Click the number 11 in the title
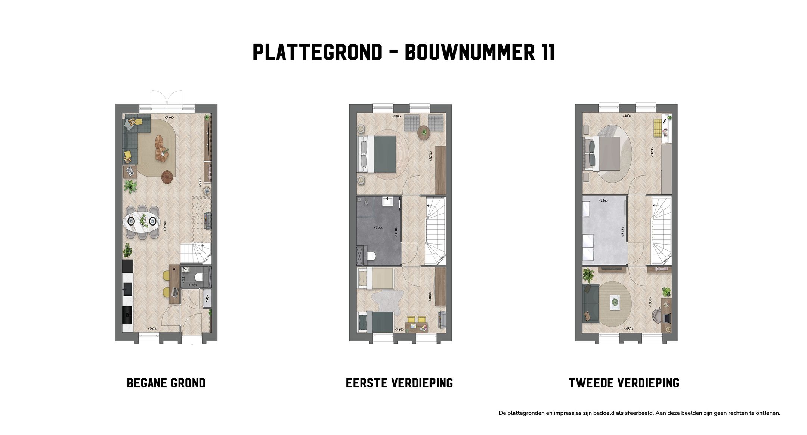547,52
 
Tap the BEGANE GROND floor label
166,383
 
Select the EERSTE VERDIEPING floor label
399,383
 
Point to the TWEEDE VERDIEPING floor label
624,383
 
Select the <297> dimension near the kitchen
152,329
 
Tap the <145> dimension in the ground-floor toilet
192,285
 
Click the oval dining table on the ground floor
142,221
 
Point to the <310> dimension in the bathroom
396,232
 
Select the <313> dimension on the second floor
622,232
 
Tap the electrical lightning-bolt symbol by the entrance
207,299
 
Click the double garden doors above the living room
167,99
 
